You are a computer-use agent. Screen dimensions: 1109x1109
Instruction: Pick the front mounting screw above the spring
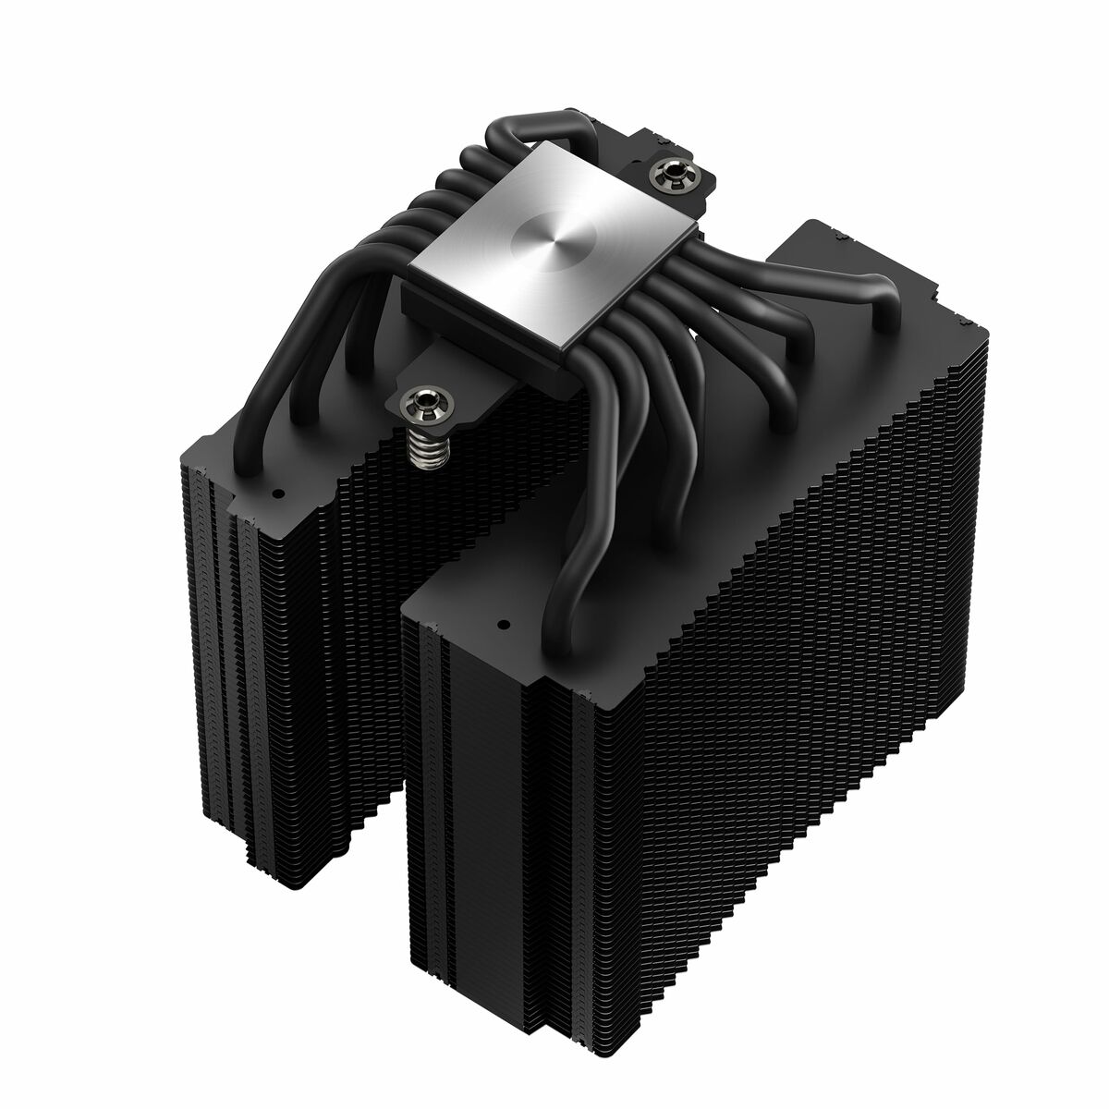click(x=424, y=400)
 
